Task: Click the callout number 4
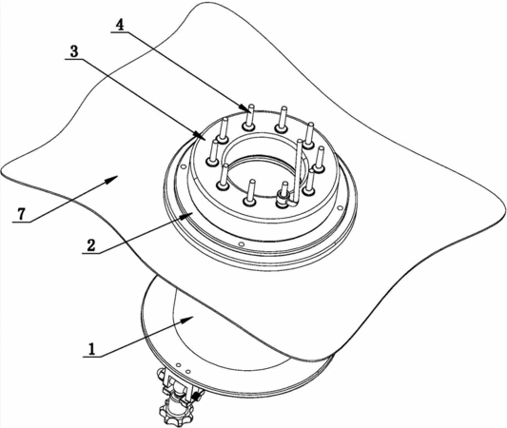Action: tap(120, 25)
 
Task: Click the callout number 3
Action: tap(74, 51)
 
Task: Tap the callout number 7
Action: tap(21, 214)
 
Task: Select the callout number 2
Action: tap(91, 245)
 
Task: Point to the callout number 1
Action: tap(92, 349)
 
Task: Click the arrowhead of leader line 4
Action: tap(244, 107)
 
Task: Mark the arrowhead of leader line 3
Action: tap(198, 134)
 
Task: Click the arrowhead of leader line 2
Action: tap(188, 216)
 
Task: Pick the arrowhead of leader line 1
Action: tap(187, 320)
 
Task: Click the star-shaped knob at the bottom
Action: tap(176, 411)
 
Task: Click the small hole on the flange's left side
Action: tap(184, 167)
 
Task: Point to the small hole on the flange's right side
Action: tap(340, 208)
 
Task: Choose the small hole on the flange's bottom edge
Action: tap(240, 243)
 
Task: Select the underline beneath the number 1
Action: tap(91, 357)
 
